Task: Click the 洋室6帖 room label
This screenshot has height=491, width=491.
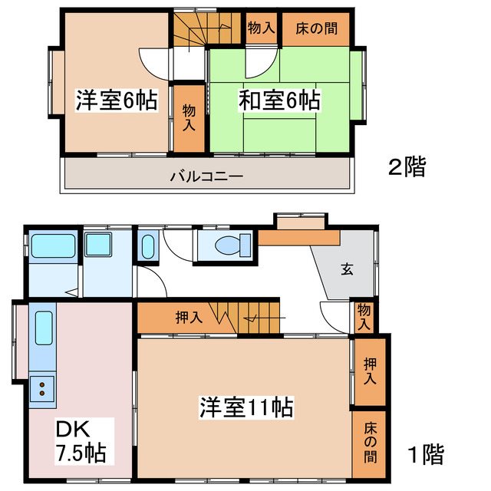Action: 116,101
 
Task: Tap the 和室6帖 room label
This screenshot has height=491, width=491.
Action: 279,101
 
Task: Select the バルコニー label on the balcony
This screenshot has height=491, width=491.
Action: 206,176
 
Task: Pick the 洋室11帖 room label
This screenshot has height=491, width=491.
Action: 246,406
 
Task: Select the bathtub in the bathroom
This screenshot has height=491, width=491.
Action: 53,248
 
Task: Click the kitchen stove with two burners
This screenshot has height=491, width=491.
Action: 41,389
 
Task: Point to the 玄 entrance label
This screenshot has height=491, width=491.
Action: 347,269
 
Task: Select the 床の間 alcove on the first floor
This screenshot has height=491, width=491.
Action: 370,448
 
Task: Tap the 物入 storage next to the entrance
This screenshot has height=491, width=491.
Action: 363,317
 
